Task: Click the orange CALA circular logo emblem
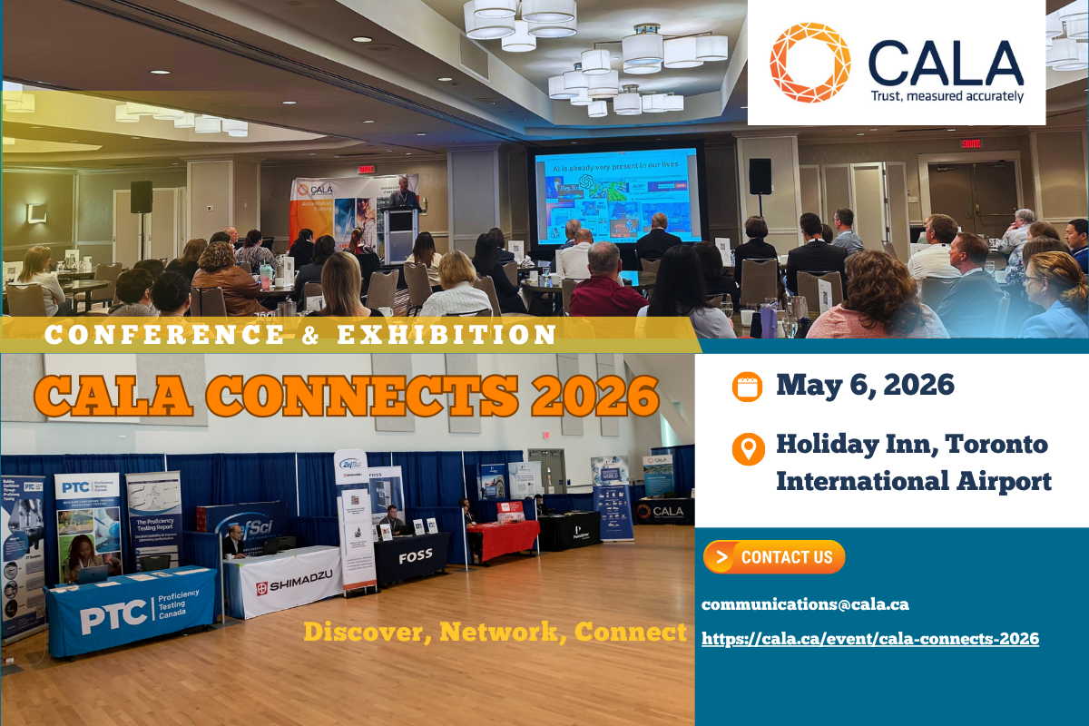click(x=809, y=63)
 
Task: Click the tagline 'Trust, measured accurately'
click(x=947, y=96)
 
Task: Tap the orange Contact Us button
click(x=774, y=557)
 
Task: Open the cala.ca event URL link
click(x=870, y=639)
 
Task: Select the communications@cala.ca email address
click(x=805, y=604)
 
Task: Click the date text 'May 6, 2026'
click(x=865, y=385)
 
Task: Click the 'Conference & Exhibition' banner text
click(x=300, y=335)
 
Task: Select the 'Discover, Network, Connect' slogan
click(x=495, y=632)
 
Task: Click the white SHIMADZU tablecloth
click(x=285, y=581)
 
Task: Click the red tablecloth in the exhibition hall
click(x=504, y=539)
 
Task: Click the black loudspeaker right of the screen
click(x=760, y=176)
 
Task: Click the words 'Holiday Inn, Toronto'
click(x=911, y=445)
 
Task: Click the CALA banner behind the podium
click(x=331, y=218)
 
